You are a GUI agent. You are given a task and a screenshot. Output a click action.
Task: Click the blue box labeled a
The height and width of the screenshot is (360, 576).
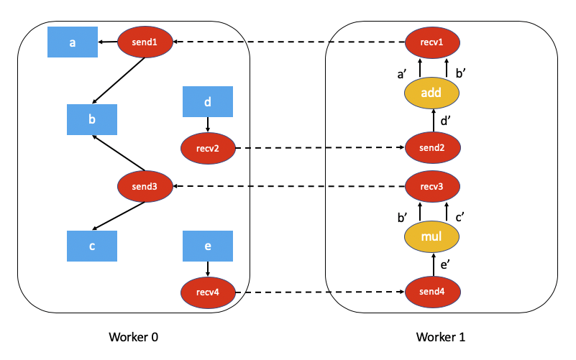(x=73, y=42)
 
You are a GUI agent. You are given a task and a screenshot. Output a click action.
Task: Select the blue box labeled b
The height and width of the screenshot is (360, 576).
(x=92, y=119)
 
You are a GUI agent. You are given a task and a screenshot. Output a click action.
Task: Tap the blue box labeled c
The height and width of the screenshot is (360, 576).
(x=92, y=246)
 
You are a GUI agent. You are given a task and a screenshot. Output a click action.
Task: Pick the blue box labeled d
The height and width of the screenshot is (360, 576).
(x=208, y=102)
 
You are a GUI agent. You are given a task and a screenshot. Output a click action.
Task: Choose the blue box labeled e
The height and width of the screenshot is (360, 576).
(x=208, y=246)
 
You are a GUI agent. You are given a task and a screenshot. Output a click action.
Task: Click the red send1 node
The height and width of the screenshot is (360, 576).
(x=145, y=42)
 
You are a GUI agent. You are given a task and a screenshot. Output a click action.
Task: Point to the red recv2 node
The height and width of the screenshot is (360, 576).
(x=208, y=149)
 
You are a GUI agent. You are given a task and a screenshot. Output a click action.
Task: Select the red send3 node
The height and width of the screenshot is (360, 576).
(x=145, y=187)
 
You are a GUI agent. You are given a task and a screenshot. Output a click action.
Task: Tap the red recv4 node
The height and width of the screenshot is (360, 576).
(x=208, y=292)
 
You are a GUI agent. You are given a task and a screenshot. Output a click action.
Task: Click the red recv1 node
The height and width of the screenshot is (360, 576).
(x=433, y=42)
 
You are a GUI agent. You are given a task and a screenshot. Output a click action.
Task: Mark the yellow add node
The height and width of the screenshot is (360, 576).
(x=433, y=93)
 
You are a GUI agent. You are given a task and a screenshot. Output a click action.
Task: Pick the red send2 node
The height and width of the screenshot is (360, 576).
(x=433, y=149)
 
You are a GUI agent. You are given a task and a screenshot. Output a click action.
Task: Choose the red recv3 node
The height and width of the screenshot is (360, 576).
(x=433, y=187)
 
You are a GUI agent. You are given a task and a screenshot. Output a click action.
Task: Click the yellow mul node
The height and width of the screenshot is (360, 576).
(x=433, y=236)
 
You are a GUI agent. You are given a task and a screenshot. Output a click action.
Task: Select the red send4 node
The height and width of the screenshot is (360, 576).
(x=433, y=292)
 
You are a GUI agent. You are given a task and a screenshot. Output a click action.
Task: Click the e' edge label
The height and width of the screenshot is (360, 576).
(x=446, y=266)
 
